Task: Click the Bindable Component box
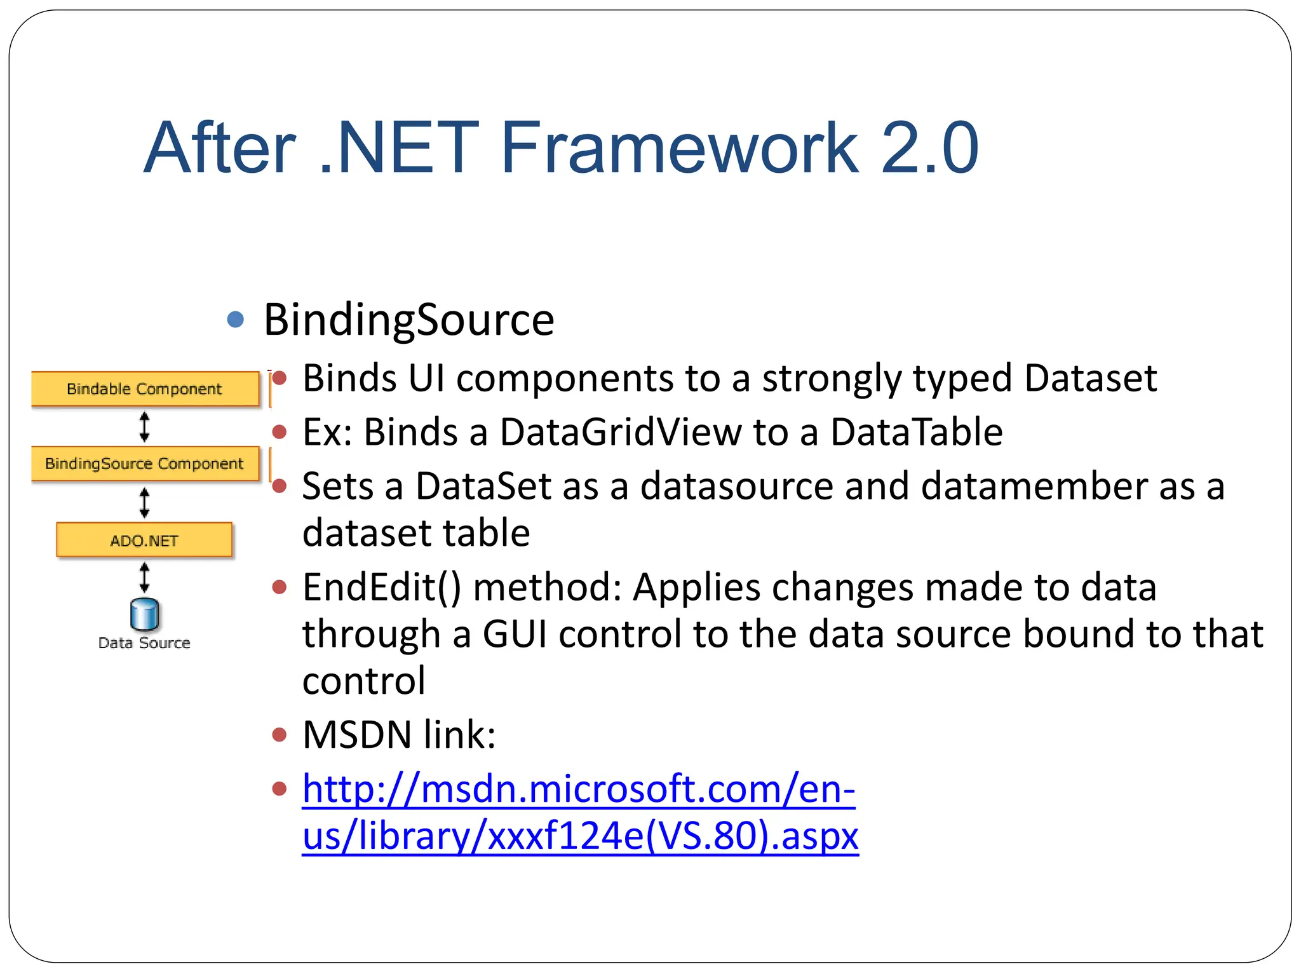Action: pos(145,388)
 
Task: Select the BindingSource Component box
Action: pos(145,463)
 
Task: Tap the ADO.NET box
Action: pos(144,540)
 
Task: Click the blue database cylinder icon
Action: pos(144,614)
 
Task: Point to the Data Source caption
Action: pos(144,643)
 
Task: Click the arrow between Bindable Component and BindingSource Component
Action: pos(145,426)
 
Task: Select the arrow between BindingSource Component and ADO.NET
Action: pos(145,503)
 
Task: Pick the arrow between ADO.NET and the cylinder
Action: pos(145,578)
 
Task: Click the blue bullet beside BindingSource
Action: pos(236,319)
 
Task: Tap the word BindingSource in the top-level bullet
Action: pos(408,320)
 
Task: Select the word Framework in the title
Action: pos(680,148)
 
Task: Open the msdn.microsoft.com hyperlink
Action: pos(579,811)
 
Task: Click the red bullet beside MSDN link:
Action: pos(279,735)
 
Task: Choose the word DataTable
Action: pos(917,432)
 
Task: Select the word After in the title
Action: pos(220,148)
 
